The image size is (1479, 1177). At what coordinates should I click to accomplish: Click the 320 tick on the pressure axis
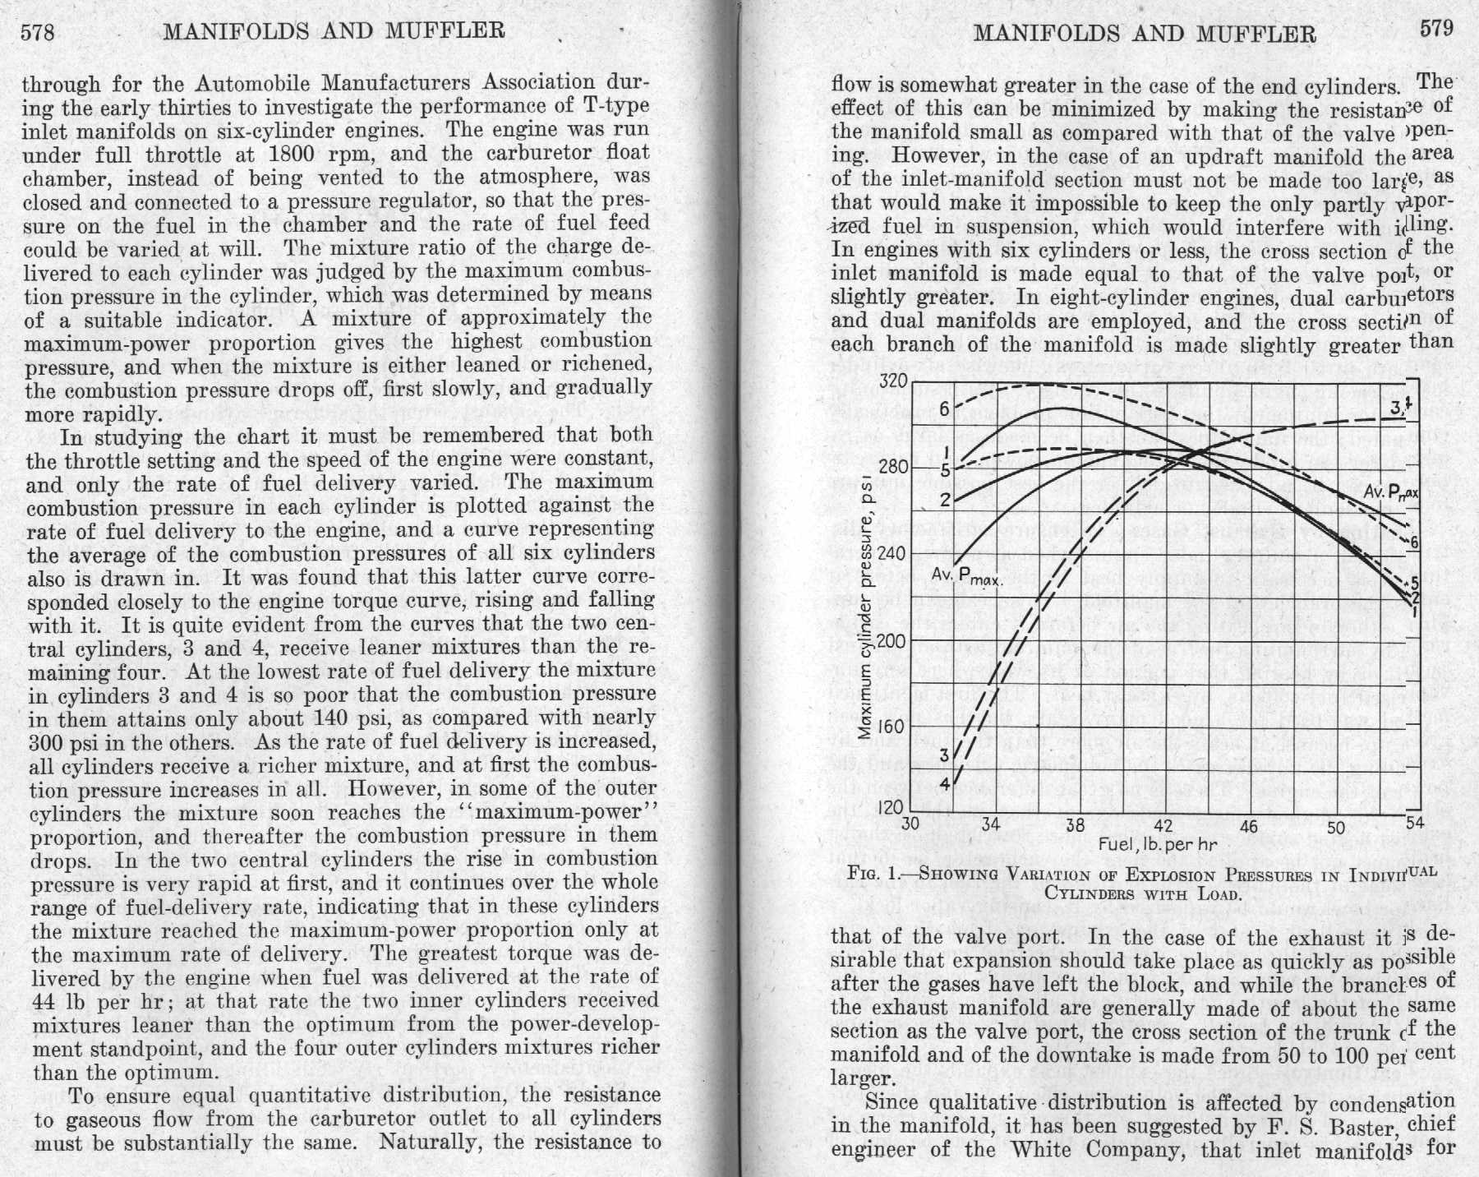click(x=892, y=381)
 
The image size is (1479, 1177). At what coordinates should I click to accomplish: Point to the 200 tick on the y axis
click(x=892, y=641)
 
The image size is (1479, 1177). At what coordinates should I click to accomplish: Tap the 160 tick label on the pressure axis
click(x=892, y=727)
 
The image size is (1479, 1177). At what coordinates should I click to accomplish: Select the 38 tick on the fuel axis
click(x=1075, y=825)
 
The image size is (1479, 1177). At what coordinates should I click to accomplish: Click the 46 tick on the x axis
click(x=1248, y=826)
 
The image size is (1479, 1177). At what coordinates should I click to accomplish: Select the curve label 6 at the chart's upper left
click(x=945, y=409)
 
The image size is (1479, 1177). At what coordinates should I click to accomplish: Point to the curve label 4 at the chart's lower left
click(x=945, y=783)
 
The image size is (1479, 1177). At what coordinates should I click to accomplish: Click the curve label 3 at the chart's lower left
click(x=944, y=755)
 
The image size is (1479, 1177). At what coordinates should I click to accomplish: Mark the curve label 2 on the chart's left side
click(x=945, y=500)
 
